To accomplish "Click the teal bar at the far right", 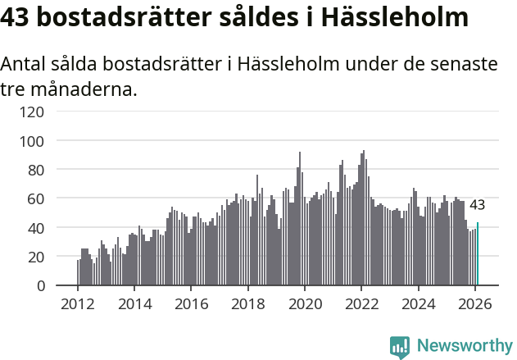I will [478, 254].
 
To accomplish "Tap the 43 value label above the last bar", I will [477, 205].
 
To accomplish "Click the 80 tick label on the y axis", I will [34, 170].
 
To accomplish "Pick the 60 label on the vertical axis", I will [34, 198].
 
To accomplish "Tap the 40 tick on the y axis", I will [34, 228].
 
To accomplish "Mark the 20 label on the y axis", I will [34, 257].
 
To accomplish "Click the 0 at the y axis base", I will [39, 285].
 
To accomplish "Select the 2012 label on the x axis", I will [78, 304].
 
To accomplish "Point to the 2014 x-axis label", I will [134, 304].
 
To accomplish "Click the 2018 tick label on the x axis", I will [247, 304].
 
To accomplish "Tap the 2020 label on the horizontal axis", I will [305, 304].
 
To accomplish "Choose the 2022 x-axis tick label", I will [361, 304].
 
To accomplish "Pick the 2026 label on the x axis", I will [475, 304].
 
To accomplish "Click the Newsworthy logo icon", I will [400, 347].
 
